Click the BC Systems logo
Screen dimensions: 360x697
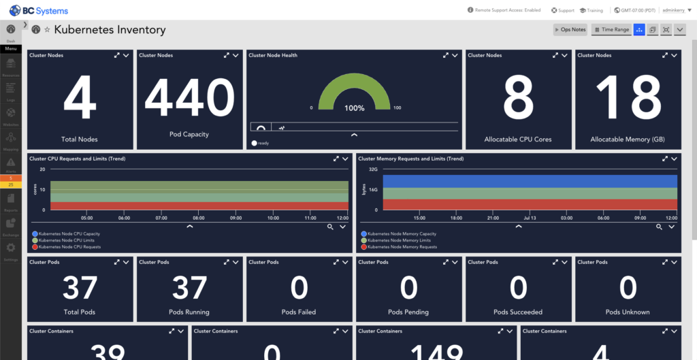pos(39,10)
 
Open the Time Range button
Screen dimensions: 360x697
pos(611,30)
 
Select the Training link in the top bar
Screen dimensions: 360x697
pos(591,10)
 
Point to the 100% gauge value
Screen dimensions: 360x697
pos(354,108)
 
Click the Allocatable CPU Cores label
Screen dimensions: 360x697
pos(518,140)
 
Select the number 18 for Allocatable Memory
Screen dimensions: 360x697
pos(627,98)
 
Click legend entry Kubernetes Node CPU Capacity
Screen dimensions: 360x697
pos(69,234)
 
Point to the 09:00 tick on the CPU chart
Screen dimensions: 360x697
pos(236,218)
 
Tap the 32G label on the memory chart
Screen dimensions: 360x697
pos(373,169)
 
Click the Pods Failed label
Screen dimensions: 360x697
pos(299,312)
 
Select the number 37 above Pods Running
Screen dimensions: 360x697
pos(189,288)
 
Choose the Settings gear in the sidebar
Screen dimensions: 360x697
pos(11,249)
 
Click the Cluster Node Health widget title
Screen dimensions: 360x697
pos(273,55)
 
